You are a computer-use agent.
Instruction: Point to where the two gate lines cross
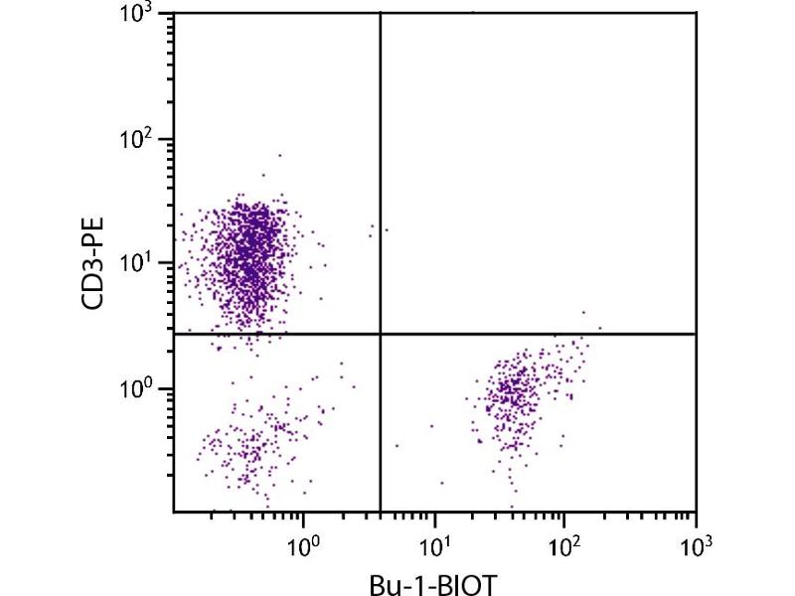pos(381,335)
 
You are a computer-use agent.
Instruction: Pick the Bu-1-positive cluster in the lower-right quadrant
pos(512,392)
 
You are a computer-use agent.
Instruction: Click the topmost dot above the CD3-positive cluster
pos(280,155)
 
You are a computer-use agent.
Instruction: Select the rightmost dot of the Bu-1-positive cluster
pos(600,327)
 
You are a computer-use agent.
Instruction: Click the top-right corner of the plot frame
pos(695,13)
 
